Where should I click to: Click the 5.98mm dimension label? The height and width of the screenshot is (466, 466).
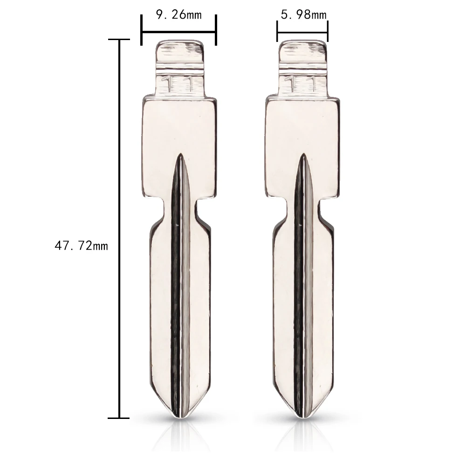click(303, 15)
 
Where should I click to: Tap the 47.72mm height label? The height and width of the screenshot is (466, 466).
click(81, 246)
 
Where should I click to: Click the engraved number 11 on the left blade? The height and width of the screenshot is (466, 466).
click(178, 84)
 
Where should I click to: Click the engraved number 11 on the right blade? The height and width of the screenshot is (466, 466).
click(302, 84)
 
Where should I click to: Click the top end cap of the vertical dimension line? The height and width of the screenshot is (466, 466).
click(121, 40)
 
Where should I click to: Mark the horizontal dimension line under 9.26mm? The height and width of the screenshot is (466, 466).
click(179, 32)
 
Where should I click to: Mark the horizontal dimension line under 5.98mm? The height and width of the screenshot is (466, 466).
click(303, 32)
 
